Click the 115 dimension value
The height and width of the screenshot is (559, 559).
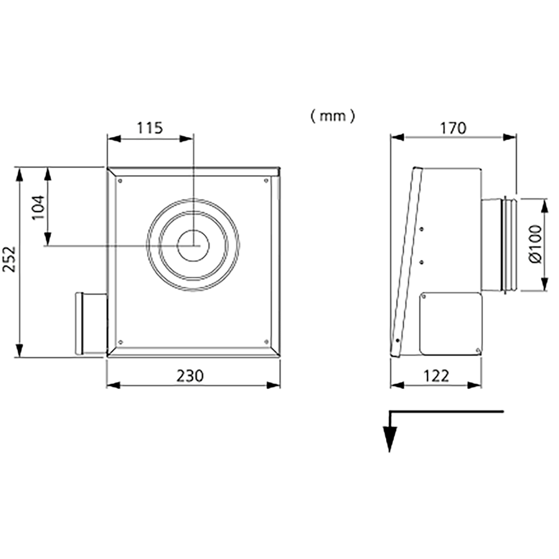(x=150, y=128)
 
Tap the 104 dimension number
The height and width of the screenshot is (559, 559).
(x=39, y=207)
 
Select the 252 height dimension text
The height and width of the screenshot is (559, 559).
(x=9, y=259)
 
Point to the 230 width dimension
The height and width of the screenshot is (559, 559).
(x=191, y=376)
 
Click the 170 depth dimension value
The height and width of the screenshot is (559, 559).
(x=453, y=128)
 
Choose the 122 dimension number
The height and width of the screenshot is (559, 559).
(x=436, y=376)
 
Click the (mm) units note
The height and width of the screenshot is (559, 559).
(x=333, y=116)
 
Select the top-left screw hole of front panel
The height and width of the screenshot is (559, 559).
(x=120, y=181)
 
